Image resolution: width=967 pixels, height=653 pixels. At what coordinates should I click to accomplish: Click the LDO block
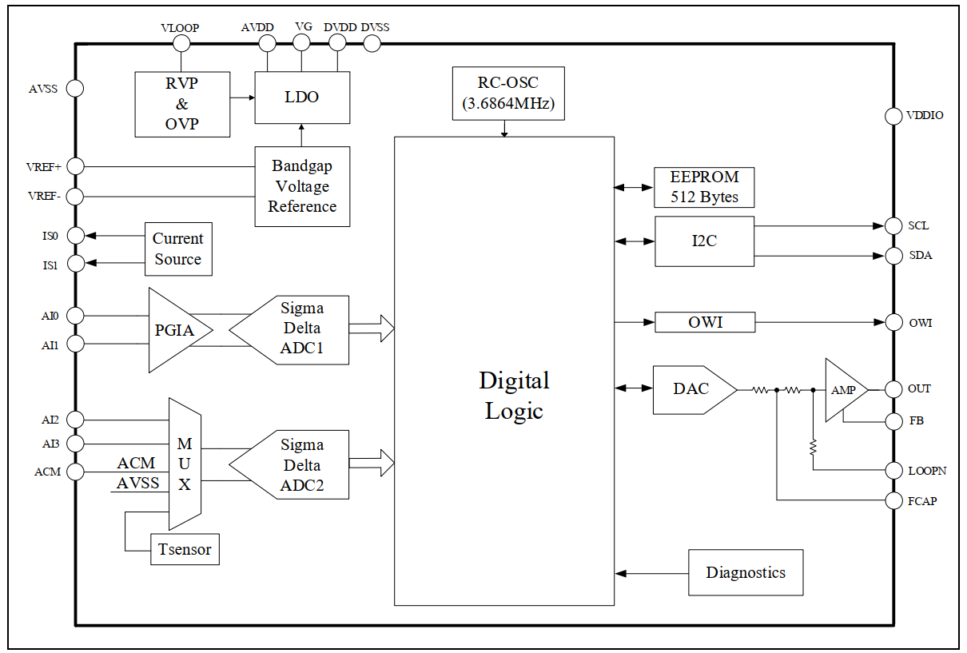click(x=302, y=98)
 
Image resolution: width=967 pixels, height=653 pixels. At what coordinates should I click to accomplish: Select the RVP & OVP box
click(x=182, y=104)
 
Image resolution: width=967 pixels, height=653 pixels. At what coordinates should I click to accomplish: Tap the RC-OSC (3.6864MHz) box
click(x=508, y=93)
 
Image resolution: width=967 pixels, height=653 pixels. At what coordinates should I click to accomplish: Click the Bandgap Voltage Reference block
click(x=302, y=186)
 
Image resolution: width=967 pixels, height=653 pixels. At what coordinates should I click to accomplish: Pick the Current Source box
click(x=178, y=249)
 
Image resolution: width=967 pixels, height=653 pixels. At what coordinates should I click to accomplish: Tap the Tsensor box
click(x=185, y=549)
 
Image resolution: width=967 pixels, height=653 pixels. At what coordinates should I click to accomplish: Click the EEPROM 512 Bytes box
click(x=704, y=187)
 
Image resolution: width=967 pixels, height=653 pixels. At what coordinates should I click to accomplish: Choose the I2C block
click(x=704, y=241)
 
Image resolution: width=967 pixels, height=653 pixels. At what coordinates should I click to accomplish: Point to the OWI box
click(x=704, y=323)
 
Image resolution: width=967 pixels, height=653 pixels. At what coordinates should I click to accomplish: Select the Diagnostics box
click(x=746, y=572)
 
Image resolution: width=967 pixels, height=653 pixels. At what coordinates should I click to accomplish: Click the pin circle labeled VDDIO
click(x=894, y=116)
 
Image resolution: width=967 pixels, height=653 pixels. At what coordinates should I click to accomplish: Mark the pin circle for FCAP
click(x=894, y=501)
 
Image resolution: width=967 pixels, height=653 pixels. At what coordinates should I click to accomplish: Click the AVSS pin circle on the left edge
click(x=75, y=88)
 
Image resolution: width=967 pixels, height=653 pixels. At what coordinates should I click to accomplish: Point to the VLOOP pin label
click(x=180, y=28)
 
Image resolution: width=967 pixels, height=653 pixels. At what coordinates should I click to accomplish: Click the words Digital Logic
click(x=514, y=395)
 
